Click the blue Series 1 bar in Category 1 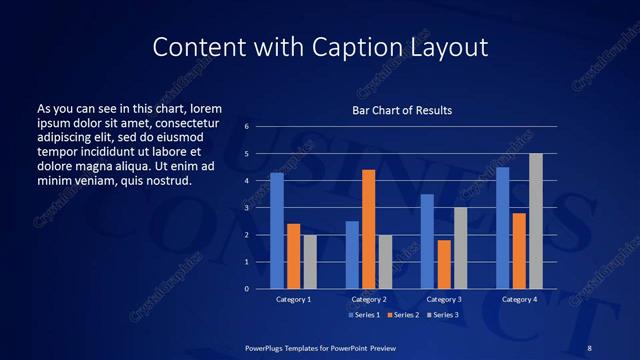tap(277, 231)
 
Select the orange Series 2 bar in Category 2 tap(368, 229)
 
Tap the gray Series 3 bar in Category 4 tap(536, 221)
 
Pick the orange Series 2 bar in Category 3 tap(444, 264)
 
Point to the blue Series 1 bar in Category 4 tap(502, 228)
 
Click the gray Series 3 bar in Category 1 tap(310, 262)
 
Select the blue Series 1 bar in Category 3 tap(427, 241)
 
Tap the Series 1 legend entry tap(364, 314)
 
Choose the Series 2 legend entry tap(402, 314)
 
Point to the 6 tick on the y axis tap(247, 127)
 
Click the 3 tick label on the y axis tap(247, 208)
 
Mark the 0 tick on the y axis tap(247, 289)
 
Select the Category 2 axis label tap(368, 299)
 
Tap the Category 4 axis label tap(519, 299)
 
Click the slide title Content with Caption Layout tap(319, 47)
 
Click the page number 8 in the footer tap(589, 347)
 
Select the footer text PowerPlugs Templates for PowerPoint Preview tap(320, 347)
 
